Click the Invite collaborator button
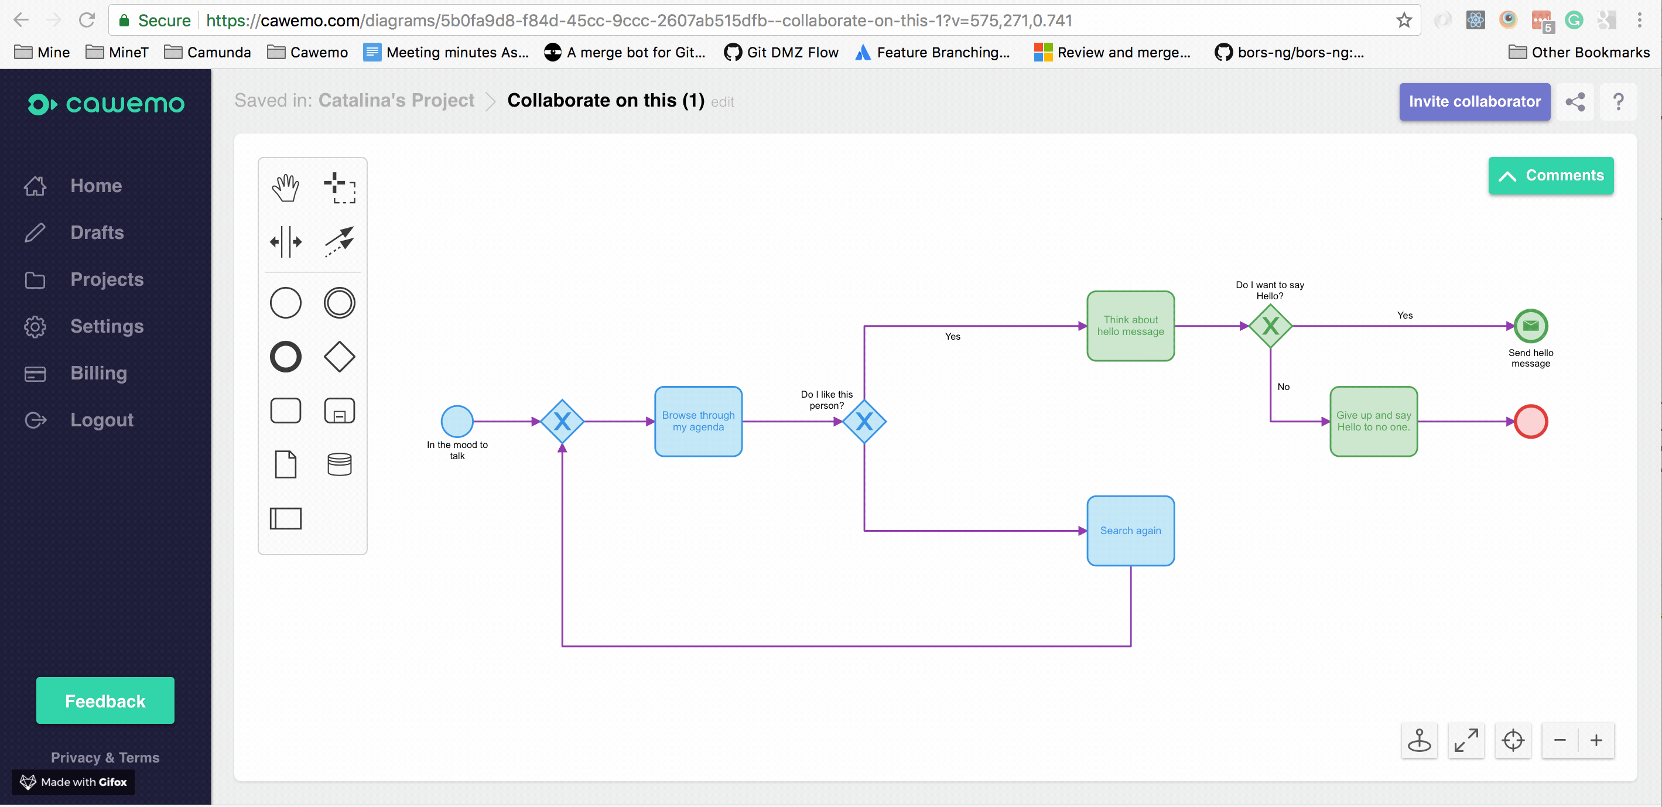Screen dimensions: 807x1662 1473,101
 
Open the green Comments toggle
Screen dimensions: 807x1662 1550,176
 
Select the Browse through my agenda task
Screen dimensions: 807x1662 698,421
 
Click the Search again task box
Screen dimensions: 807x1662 1130,530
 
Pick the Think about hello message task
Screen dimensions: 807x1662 1130,326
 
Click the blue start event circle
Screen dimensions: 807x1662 457,421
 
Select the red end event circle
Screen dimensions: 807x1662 1530,421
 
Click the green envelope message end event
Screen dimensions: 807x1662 1530,326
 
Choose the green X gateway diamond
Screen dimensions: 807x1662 1270,326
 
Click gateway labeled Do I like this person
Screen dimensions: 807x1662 864,421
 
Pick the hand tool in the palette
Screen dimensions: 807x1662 285,188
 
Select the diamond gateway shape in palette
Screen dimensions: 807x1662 339,357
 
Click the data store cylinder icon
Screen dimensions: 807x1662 339,464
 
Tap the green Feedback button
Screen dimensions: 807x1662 105,700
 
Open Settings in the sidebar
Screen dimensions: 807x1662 107,326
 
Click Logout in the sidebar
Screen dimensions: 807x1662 101,420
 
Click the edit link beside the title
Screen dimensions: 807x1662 722,102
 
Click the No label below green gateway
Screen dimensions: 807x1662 1283,387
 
